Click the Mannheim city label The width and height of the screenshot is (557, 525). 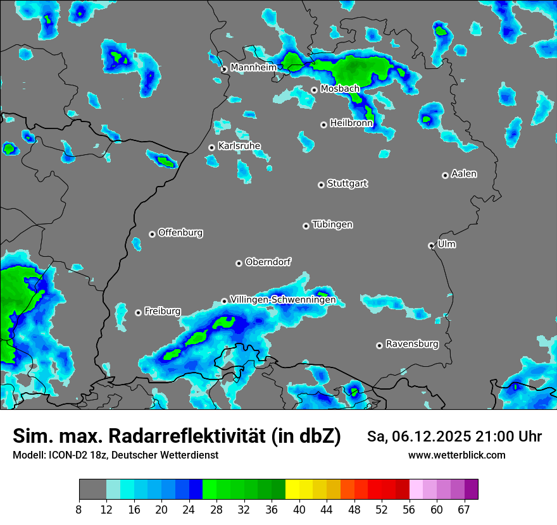pyautogui.click(x=253, y=67)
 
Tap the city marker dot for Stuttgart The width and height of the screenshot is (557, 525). pyautogui.click(x=321, y=185)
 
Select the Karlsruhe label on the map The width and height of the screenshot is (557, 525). pyautogui.click(x=239, y=146)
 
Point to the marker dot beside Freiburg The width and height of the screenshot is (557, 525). pyautogui.click(x=138, y=312)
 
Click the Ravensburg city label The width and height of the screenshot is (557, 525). pyautogui.click(x=412, y=344)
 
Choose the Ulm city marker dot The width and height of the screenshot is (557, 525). pyautogui.click(x=431, y=245)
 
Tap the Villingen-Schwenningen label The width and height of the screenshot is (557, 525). pyautogui.click(x=283, y=300)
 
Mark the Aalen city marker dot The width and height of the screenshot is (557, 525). pyautogui.click(x=445, y=175)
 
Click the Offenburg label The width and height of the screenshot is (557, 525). pyautogui.click(x=180, y=233)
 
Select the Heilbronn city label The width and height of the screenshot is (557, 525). pyautogui.click(x=351, y=123)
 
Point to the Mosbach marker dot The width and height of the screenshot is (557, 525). pyautogui.click(x=314, y=90)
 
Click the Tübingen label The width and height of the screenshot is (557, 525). pyautogui.click(x=332, y=225)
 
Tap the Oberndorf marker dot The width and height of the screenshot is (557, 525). pyautogui.click(x=239, y=263)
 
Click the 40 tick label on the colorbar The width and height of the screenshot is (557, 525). pyautogui.click(x=299, y=509)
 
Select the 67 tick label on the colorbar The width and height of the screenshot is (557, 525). pyautogui.click(x=464, y=509)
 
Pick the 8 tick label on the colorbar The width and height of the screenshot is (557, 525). pyautogui.click(x=79, y=509)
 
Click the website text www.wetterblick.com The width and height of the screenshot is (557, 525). pyautogui.click(x=456, y=455)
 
